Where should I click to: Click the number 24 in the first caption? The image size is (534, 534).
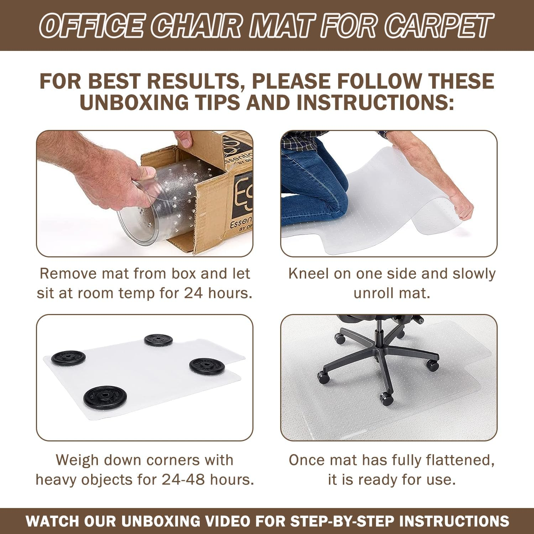193,293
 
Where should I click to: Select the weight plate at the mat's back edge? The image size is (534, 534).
159,340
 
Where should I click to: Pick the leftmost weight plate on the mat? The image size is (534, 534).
68,357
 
